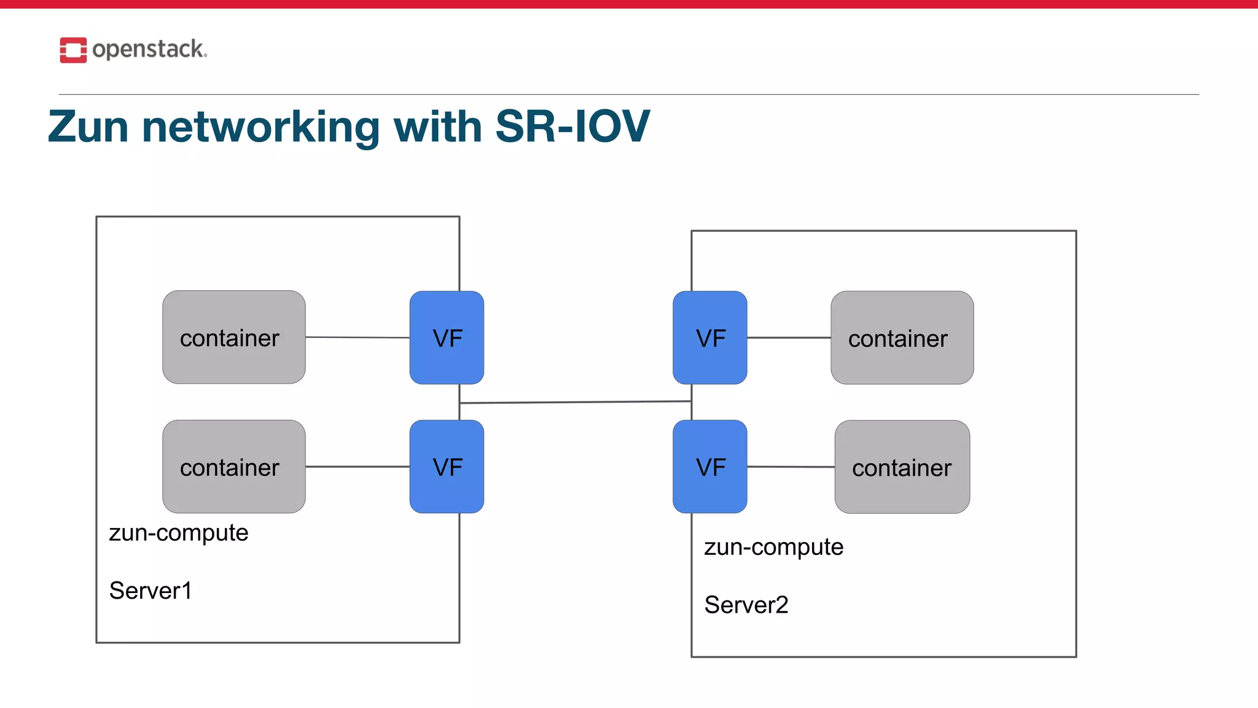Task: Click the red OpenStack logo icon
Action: coord(73,50)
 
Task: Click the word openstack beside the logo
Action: coord(148,49)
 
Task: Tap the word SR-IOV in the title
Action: coord(572,127)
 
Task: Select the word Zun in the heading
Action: coord(88,127)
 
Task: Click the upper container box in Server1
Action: coord(233,337)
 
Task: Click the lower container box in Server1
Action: coord(233,466)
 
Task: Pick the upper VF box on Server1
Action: coord(447,337)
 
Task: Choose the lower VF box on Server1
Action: coord(447,466)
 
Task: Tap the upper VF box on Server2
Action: coord(709,337)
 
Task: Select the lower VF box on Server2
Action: coord(709,466)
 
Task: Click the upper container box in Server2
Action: coord(902,337)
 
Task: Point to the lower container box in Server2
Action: coord(902,467)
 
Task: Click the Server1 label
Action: coord(150,591)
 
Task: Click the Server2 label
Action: coord(746,605)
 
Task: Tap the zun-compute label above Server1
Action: coord(178,533)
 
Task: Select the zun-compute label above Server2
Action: coord(773,547)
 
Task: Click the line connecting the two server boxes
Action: coord(575,403)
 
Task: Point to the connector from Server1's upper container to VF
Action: coord(357,337)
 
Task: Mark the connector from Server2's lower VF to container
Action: coord(791,467)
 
